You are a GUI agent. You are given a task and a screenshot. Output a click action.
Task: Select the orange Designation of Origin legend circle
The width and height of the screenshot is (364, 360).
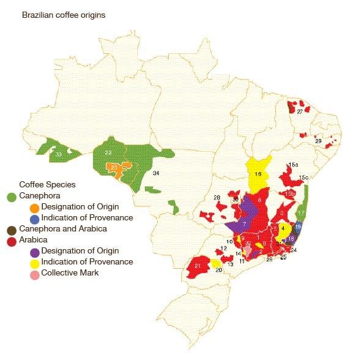(34, 207)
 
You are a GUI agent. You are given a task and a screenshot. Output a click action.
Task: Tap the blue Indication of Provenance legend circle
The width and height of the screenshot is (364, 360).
(34, 218)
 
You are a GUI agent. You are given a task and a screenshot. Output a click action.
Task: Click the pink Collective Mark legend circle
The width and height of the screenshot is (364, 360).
(34, 273)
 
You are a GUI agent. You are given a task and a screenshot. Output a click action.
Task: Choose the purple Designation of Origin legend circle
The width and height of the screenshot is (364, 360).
(34, 251)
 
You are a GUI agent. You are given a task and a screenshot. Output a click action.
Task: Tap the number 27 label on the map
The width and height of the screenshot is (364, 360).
(300, 112)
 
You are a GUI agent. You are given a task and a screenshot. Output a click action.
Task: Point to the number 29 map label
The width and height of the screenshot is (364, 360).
(318, 141)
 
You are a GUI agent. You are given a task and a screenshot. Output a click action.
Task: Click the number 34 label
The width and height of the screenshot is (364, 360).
(156, 174)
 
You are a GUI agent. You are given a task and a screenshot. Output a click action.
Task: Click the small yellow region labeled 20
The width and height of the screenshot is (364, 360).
(217, 263)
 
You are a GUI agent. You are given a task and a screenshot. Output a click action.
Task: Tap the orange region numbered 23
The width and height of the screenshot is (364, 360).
(114, 168)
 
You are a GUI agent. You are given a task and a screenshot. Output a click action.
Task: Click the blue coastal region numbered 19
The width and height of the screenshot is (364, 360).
(298, 227)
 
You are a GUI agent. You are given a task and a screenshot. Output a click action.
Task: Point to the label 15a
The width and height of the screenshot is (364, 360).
(293, 165)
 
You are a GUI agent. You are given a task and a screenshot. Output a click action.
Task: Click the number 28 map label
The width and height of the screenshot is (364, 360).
(217, 197)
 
